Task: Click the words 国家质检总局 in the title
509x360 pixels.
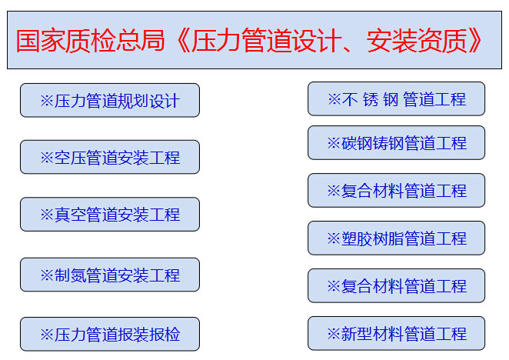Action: tap(91, 40)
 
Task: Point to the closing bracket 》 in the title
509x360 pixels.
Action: tap(475, 40)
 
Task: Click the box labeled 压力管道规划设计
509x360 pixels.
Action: tap(110, 100)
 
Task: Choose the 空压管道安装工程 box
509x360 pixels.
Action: tap(110, 157)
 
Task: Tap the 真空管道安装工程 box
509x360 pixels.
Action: tap(110, 214)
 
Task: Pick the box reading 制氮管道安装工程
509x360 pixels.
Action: tap(110, 275)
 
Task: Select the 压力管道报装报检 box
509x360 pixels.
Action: tap(110, 334)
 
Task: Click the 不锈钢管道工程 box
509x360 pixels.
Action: tap(396, 98)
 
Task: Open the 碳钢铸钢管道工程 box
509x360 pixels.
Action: tap(396, 142)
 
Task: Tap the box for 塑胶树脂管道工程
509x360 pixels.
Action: tap(396, 238)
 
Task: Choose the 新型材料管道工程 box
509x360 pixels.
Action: tap(396, 333)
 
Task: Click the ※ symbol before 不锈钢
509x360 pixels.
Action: tap(334, 99)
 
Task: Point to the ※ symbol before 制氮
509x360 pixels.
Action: tap(47, 275)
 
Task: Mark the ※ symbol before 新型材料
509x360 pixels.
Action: tap(334, 334)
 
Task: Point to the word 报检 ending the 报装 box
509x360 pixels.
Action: tap(165, 335)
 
